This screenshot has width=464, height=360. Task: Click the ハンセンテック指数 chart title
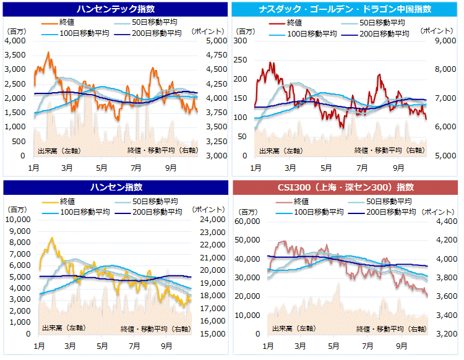point(116,9)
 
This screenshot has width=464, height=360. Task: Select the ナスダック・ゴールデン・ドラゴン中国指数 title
point(346,9)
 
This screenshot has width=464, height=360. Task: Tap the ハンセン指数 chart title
point(116,187)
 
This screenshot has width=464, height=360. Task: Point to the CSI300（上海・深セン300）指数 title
point(346,187)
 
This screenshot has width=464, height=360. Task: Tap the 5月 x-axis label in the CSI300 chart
point(333,344)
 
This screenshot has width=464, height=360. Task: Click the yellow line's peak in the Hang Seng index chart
point(51,238)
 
